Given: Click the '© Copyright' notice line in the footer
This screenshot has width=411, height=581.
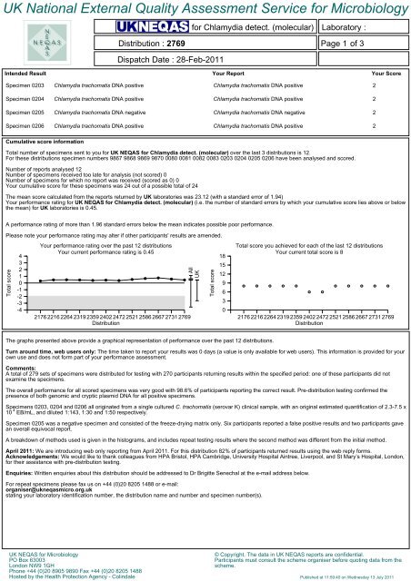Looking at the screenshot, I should tap(273, 553).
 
